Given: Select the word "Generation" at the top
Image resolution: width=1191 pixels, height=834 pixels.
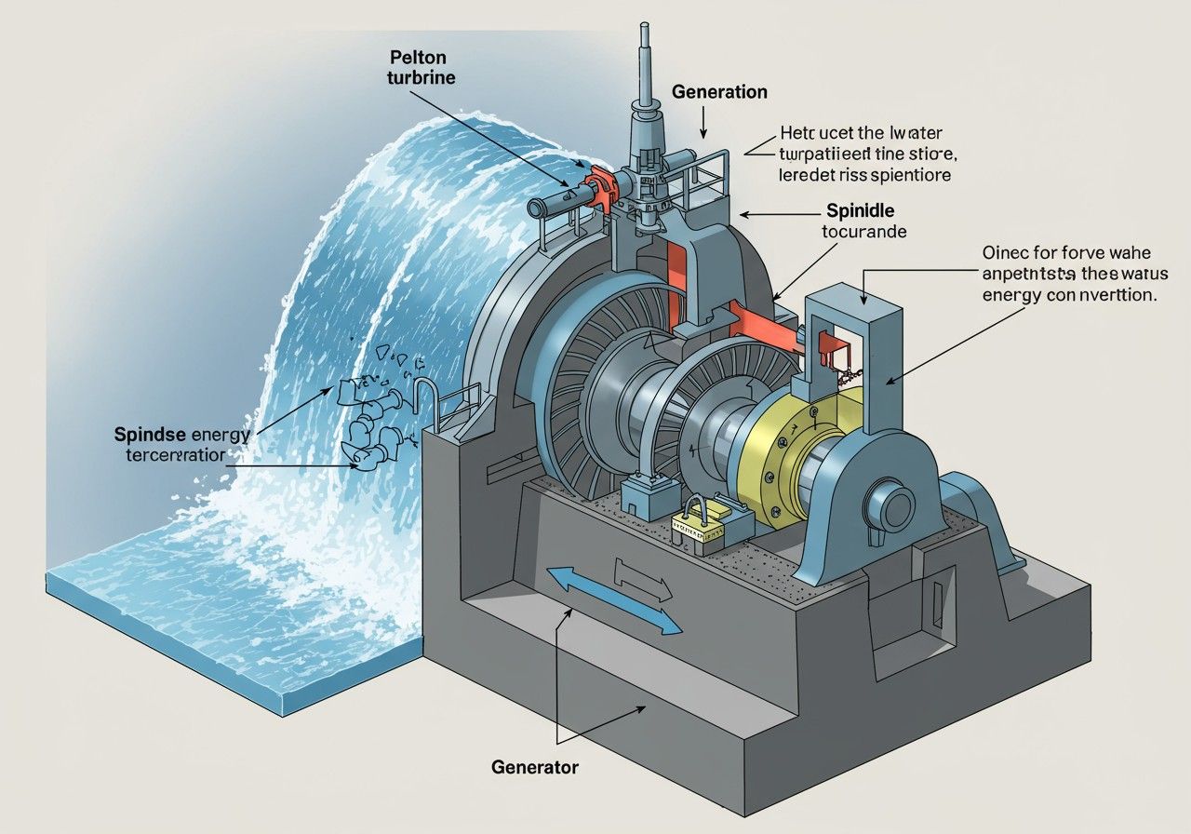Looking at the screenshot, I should point(719,92).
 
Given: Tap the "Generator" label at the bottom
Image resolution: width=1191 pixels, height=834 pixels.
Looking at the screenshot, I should point(534,768).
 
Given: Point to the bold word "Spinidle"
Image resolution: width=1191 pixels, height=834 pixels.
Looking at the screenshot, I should point(861,211).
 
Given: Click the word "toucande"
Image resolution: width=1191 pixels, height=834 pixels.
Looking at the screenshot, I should point(863,232).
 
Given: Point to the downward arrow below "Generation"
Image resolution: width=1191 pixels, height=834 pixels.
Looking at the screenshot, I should point(704,121).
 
